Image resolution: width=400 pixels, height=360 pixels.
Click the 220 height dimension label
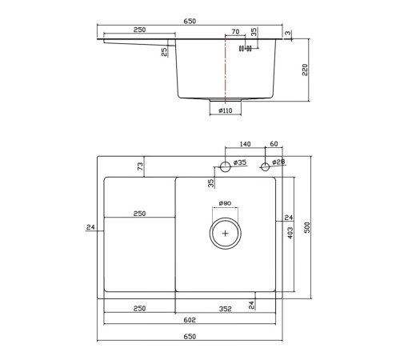pyautogui.click(x=305, y=70)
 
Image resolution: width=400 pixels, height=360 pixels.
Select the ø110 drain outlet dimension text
pyautogui.click(x=226, y=110)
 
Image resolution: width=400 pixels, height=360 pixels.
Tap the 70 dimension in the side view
pyautogui.click(x=235, y=32)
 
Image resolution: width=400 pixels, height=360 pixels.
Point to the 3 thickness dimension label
pyautogui.click(x=288, y=33)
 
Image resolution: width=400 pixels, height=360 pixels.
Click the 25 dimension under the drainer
pyautogui.click(x=165, y=51)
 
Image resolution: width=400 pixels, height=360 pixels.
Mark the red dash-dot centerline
pyautogui.click(x=226, y=70)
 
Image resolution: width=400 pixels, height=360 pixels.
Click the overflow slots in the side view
pyautogui.click(x=246, y=49)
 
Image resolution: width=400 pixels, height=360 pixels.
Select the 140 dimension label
pyautogui.click(x=245, y=144)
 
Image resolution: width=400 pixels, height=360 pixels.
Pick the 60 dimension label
pyautogui.click(x=274, y=144)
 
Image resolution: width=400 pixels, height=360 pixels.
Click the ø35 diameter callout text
pyautogui.click(x=240, y=162)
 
